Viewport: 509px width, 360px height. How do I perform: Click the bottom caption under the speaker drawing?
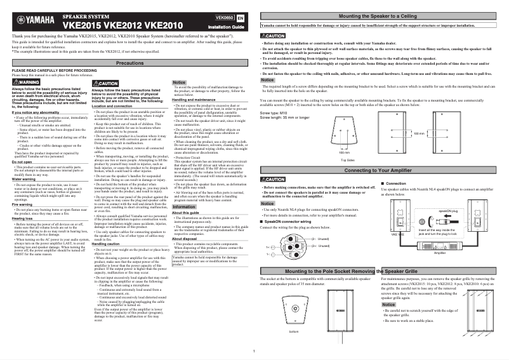[x=293, y=331]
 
